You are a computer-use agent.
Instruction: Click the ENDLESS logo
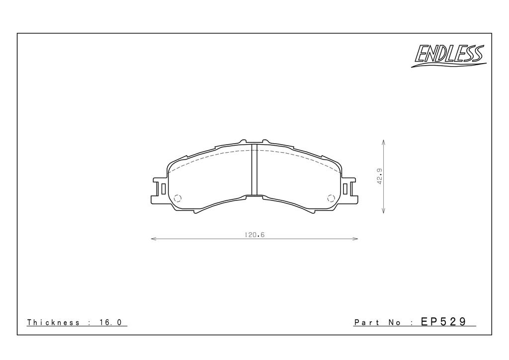tap(449, 56)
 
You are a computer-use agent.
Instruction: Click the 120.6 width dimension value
tap(254, 235)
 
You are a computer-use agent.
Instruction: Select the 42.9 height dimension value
tap(380, 176)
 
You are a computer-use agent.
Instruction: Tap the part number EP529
tap(443, 321)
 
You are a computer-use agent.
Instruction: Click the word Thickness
tap(53, 322)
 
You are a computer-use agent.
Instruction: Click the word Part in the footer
tap(367, 322)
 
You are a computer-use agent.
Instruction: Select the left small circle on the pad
tap(178, 198)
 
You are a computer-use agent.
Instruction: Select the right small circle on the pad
tap(331, 198)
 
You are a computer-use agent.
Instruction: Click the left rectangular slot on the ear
tap(163, 188)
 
